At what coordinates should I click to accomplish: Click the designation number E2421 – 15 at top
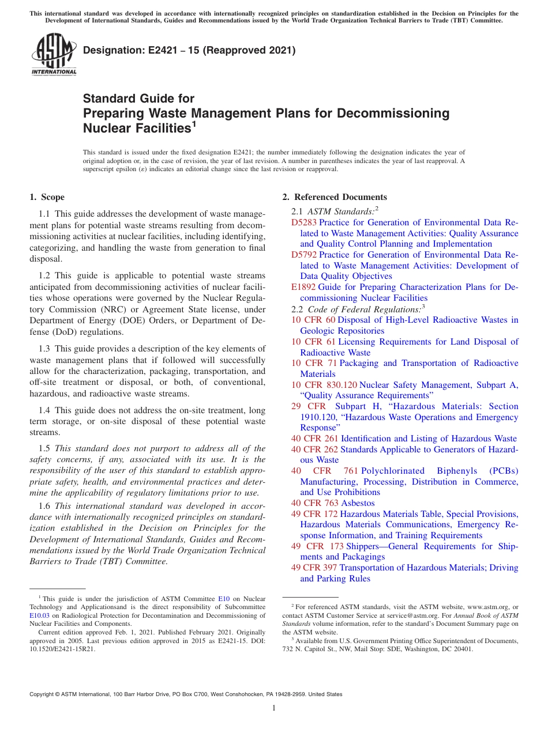click(x=189, y=50)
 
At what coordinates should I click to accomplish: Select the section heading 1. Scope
click(x=47, y=197)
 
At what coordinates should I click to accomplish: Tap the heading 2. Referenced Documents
click(x=335, y=197)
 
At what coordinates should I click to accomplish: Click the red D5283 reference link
click(x=304, y=222)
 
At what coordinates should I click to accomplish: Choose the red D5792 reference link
click(x=304, y=255)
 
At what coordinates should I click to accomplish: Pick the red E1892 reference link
click(x=303, y=287)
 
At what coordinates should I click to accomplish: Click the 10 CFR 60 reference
click(x=313, y=320)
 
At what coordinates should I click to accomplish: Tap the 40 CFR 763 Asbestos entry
click(x=333, y=503)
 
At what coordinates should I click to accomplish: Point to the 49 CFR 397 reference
click(x=314, y=568)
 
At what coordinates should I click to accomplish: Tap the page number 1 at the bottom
click(x=274, y=708)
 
